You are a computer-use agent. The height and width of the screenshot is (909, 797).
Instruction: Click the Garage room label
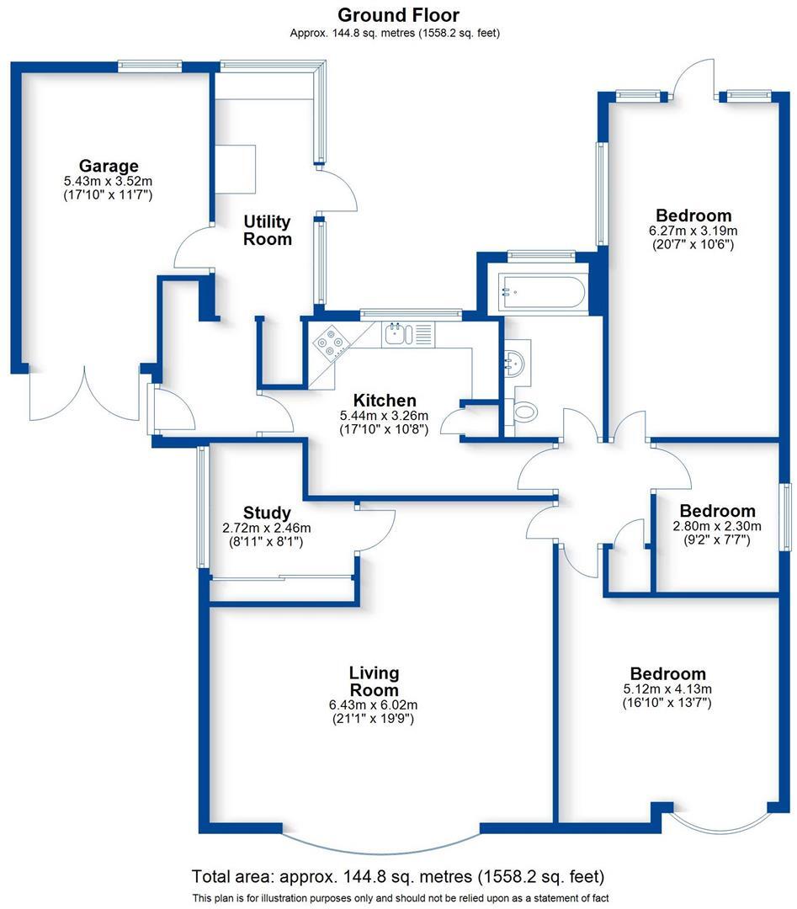108,166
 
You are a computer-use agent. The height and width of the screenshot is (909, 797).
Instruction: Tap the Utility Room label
268,230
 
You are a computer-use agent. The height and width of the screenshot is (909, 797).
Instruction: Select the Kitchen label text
384,401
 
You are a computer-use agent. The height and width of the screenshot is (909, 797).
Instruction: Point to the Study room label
267,513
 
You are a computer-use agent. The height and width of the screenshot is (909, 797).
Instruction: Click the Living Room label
374,682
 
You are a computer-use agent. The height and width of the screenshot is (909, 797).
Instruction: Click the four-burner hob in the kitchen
331,343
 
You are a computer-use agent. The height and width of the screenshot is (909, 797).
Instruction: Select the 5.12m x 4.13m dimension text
667,689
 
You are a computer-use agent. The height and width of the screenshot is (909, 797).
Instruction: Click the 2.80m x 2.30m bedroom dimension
717,526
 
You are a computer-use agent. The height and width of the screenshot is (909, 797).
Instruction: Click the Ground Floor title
398,14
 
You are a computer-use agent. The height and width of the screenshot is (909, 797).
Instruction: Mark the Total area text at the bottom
398,875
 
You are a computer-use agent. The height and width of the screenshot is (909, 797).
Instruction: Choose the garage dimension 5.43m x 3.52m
108,181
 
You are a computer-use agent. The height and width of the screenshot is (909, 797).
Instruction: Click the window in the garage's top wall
150,65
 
